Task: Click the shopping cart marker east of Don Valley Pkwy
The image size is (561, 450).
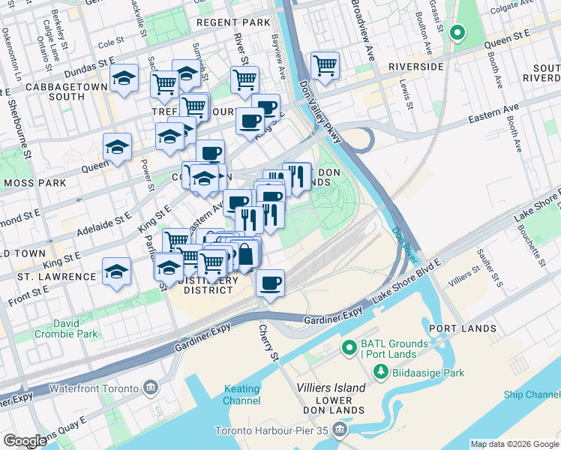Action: pyautogui.click(x=325, y=66)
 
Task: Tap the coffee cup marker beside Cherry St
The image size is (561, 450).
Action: pyautogui.click(x=270, y=284)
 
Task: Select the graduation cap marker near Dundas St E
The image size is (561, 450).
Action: pyautogui.click(x=124, y=79)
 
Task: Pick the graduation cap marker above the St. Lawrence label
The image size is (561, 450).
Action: pyautogui.click(x=116, y=271)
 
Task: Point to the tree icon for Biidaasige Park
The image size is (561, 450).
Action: pyautogui.click(x=381, y=372)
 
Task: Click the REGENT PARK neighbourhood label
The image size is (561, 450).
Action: pyautogui.click(x=232, y=22)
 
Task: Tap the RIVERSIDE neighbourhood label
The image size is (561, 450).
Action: pyautogui.click(x=416, y=67)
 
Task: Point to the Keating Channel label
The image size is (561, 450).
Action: pyautogui.click(x=242, y=394)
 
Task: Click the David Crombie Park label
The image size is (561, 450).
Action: pyautogui.click(x=76, y=328)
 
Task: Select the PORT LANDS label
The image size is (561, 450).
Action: pyautogui.click(x=462, y=328)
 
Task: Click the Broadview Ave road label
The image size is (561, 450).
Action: pyautogui.click(x=361, y=31)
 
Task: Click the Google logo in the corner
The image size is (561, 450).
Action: pyautogui.click(x=25, y=441)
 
